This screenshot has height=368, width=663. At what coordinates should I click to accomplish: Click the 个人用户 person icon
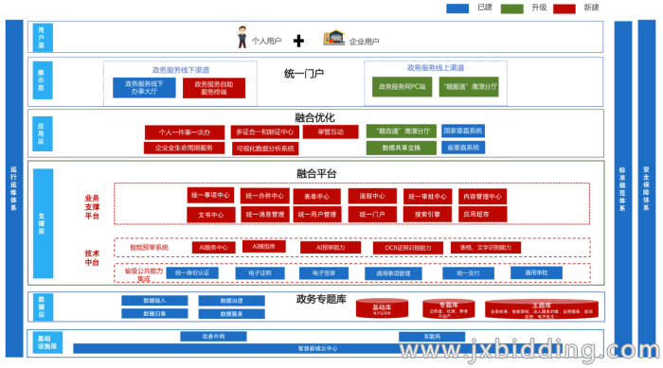pyautogui.click(x=241, y=40)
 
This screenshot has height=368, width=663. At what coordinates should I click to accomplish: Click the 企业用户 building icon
pyautogui.click(x=332, y=39)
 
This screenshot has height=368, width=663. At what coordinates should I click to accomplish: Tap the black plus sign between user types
pyautogui.click(x=298, y=40)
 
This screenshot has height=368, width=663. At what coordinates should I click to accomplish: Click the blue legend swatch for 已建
pyautogui.click(x=458, y=9)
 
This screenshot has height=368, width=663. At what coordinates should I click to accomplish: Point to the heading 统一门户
pyautogui.click(x=304, y=73)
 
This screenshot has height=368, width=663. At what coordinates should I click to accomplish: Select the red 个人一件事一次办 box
pyautogui.click(x=184, y=131)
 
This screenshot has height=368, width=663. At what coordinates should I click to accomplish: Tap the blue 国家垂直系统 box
pyautogui.click(x=463, y=131)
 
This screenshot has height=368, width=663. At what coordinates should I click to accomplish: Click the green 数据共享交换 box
pyautogui.click(x=401, y=148)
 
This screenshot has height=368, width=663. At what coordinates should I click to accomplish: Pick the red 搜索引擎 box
pyautogui.click(x=427, y=215)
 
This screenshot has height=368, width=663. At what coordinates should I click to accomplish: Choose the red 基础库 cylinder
pyautogui.click(x=382, y=309)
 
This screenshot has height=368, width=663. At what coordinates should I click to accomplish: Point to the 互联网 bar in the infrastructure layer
pyautogui.click(x=431, y=336)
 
